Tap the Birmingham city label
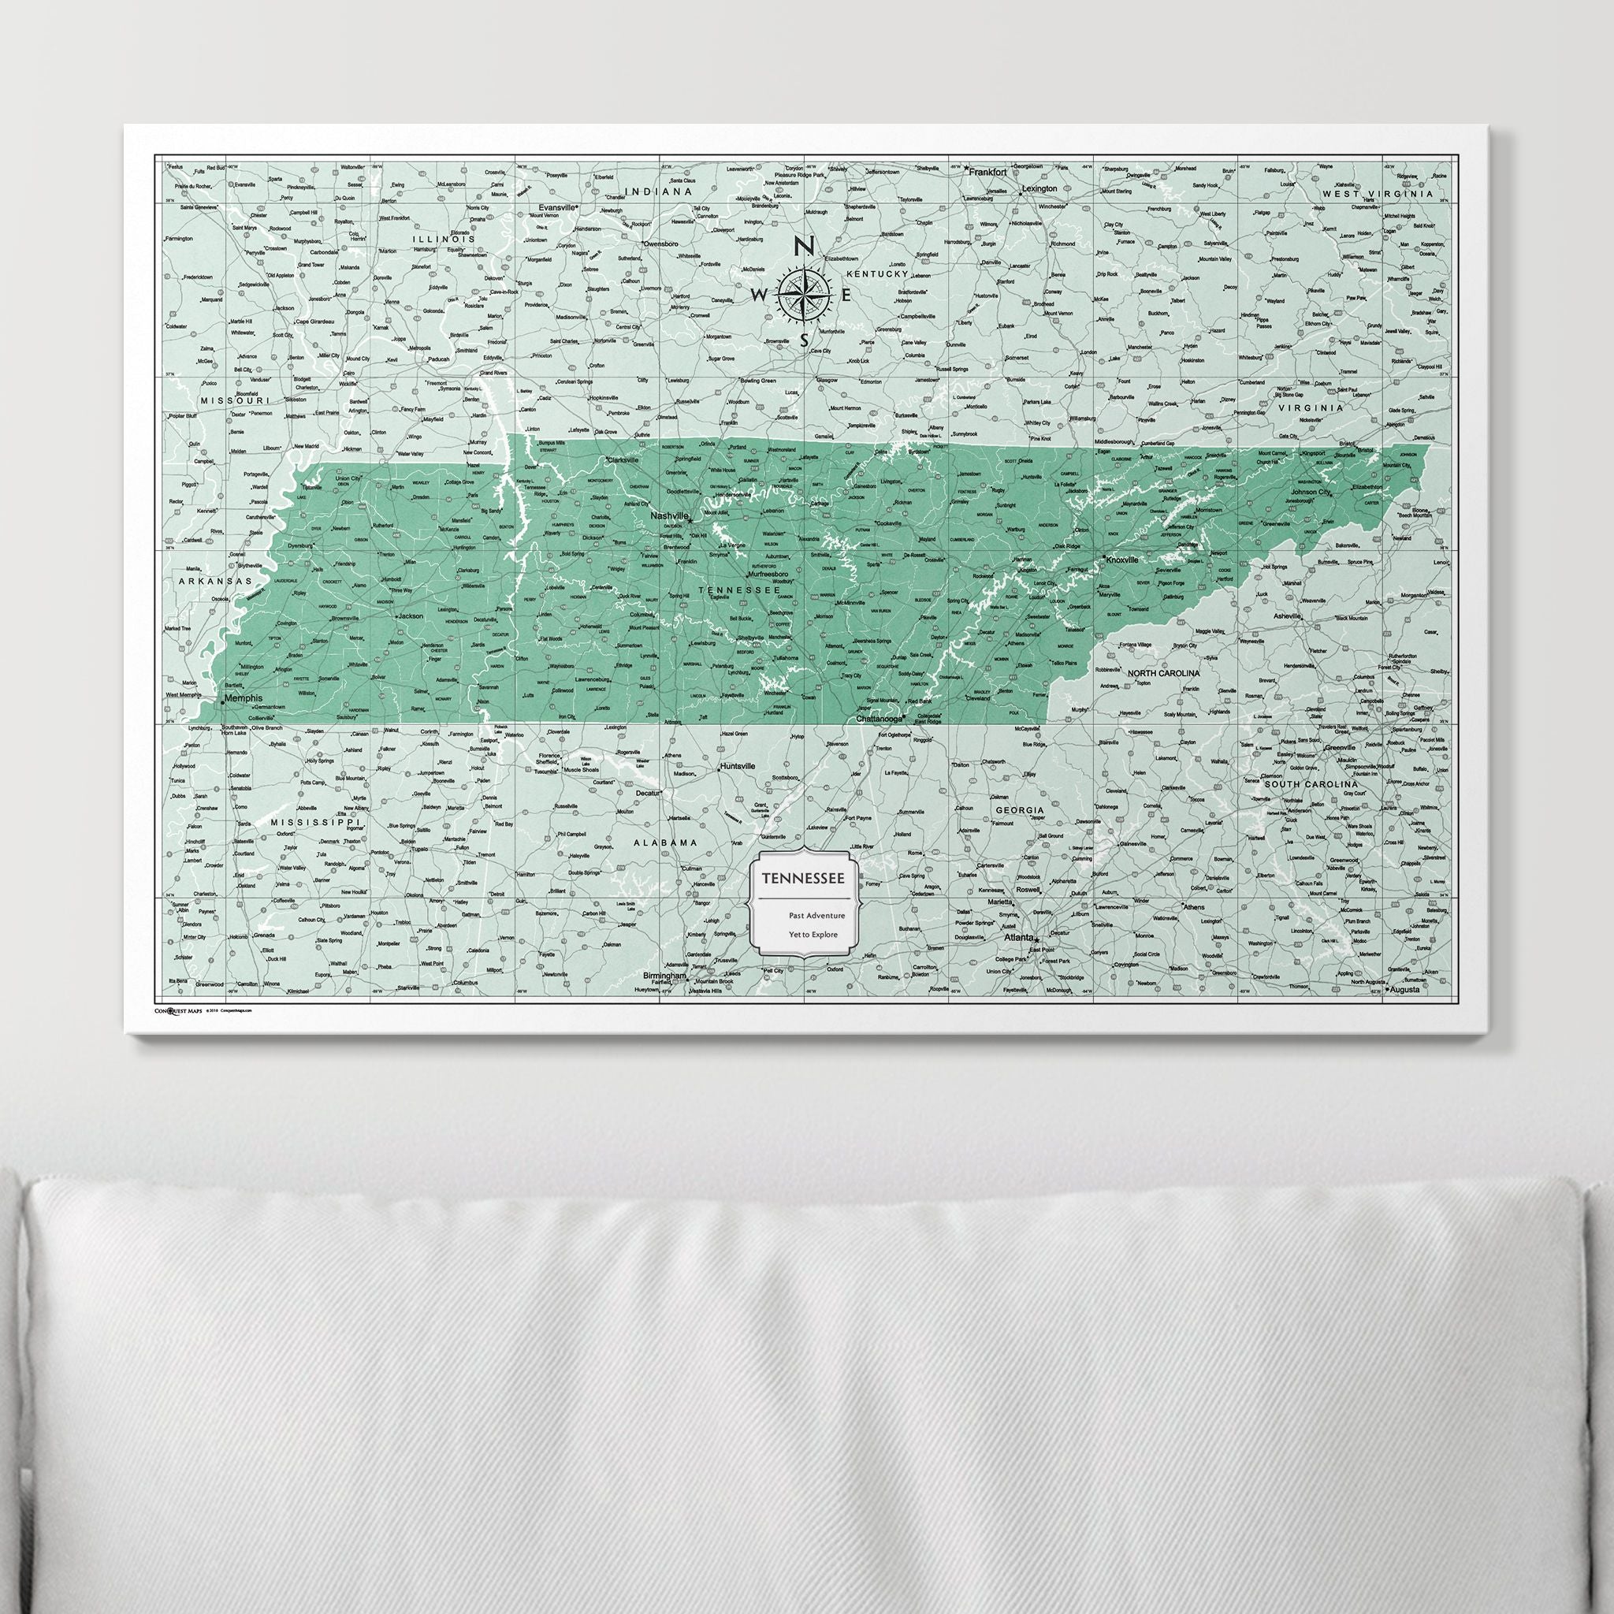665,976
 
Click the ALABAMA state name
664,843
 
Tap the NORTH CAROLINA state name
1163,672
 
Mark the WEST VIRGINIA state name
1377,193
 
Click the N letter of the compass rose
803,245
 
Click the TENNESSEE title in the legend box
802,878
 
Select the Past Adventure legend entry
816,916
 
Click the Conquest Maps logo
178,1010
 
